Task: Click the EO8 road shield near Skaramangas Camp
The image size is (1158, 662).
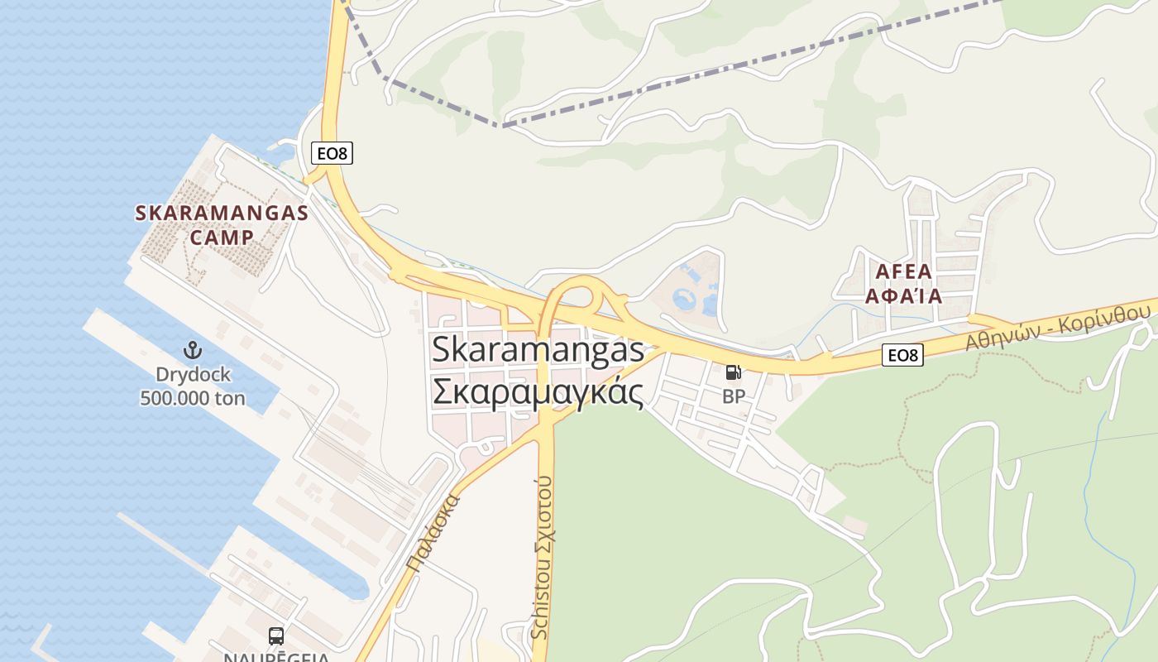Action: (x=333, y=153)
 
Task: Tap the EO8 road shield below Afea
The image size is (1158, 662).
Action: (x=902, y=355)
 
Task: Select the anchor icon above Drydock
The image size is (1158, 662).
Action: (x=192, y=350)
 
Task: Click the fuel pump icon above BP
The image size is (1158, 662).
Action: (x=733, y=372)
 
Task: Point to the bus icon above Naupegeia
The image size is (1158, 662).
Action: (x=276, y=636)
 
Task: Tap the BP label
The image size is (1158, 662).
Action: (x=733, y=396)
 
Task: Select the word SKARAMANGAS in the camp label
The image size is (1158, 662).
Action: (x=222, y=213)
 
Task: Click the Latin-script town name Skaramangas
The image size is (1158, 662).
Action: (x=538, y=349)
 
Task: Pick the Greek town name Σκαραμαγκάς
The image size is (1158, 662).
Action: (x=538, y=391)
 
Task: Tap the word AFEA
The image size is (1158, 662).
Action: (x=903, y=271)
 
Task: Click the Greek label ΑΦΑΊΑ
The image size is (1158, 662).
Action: (x=903, y=295)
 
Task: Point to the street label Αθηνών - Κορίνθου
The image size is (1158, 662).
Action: (x=1058, y=327)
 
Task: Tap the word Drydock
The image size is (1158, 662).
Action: (x=193, y=374)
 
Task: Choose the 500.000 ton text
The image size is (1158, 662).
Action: (x=193, y=398)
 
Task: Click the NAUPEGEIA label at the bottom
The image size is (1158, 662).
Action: (x=276, y=657)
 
